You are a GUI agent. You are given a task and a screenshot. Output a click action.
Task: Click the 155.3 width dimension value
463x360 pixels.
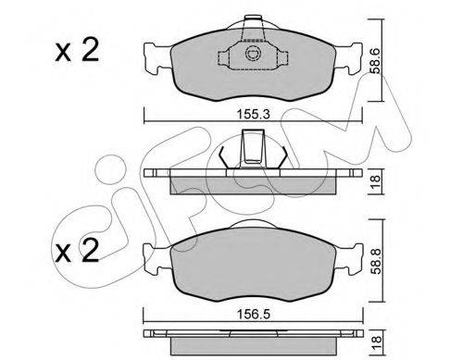click(x=253, y=115)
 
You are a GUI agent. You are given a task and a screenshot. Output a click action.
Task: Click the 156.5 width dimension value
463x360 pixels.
click(x=253, y=315)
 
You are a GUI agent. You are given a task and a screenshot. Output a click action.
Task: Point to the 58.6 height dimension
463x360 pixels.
click(x=376, y=60)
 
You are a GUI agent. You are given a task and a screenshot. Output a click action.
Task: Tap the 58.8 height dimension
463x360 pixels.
click(x=377, y=261)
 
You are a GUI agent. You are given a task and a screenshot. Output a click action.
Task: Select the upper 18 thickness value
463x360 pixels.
click(x=376, y=182)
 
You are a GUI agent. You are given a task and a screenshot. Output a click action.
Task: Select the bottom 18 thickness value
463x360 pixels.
click(x=377, y=342)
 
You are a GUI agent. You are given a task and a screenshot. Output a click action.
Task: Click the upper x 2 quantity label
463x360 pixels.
click(x=77, y=51)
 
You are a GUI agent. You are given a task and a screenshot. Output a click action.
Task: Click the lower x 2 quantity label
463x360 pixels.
click(x=77, y=251)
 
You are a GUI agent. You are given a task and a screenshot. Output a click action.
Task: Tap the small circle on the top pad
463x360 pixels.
click(x=253, y=54)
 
